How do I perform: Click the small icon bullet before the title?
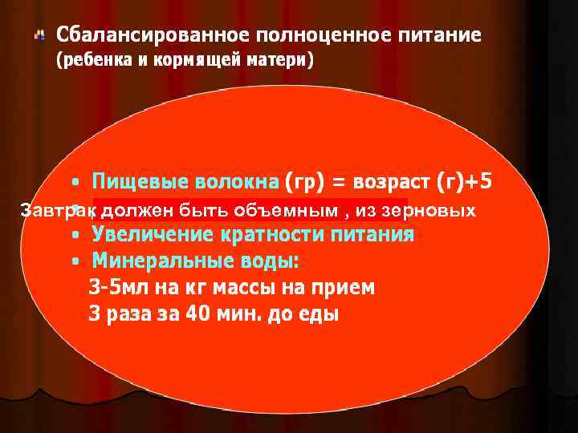point(39,35)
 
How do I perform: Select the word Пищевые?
point(132,182)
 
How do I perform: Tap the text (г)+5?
point(464,182)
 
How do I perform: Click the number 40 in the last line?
point(197,314)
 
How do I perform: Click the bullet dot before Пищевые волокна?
point(75,183)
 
